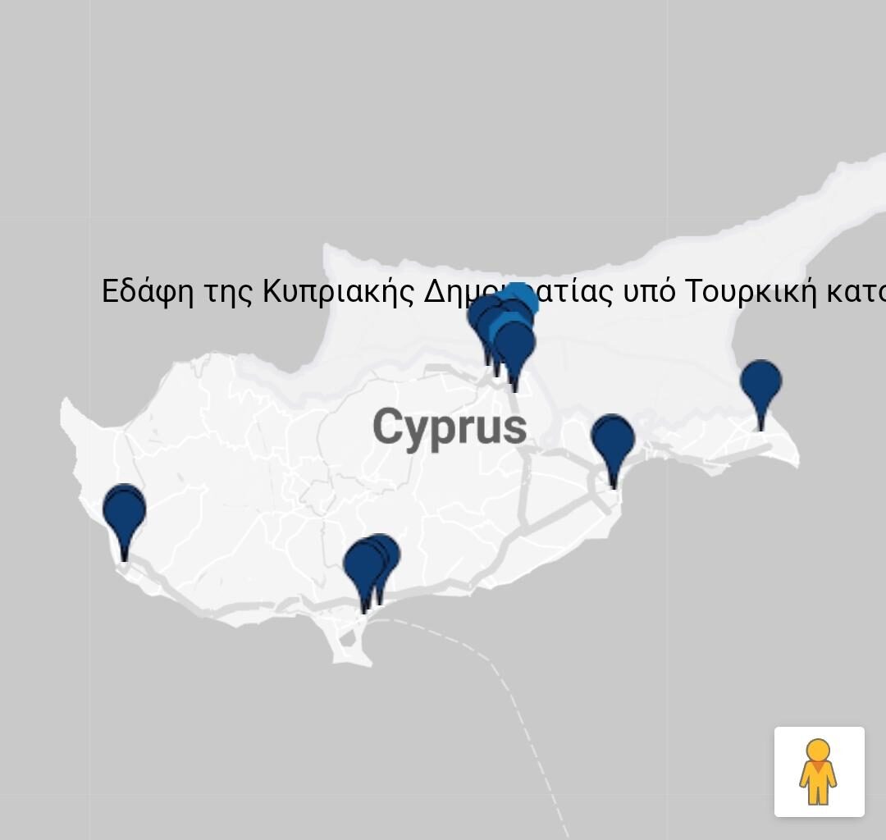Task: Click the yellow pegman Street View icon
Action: click(819, 771)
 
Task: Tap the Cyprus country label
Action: click(450, 427)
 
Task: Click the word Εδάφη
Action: click(148, 292)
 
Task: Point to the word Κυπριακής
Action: click(338, 292)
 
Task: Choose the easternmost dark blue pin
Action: click(760, 383)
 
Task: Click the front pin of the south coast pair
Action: click(363, 566)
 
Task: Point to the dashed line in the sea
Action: click(525, 722)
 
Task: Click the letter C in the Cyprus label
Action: click(389, 427)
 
